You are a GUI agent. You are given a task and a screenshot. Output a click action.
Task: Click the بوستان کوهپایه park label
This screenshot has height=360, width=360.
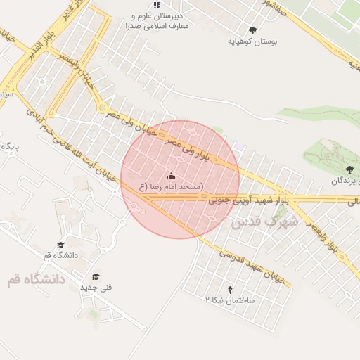(252, 41)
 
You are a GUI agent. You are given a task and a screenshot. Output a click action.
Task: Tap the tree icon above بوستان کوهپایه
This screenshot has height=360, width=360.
(252, 30)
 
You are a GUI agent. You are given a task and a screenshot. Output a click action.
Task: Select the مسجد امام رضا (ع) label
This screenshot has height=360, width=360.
(171, 186)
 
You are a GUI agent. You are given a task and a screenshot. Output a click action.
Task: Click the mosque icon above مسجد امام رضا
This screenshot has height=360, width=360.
(172, 174)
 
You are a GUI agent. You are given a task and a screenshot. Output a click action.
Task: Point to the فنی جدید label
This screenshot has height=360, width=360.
(96, 287)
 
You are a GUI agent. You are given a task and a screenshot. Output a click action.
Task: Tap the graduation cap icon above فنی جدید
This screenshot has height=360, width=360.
(96, 276)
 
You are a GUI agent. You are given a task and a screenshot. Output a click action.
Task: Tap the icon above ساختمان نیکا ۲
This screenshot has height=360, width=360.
(230, 288)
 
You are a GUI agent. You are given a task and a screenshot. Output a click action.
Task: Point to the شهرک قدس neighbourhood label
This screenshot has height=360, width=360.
(264, 221)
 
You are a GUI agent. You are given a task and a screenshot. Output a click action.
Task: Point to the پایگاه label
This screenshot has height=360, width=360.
(11, 146)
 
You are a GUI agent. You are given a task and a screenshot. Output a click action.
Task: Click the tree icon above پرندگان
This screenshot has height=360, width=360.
(349, 169)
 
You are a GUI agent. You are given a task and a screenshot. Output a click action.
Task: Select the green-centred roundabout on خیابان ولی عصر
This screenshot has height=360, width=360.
(103, 108)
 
